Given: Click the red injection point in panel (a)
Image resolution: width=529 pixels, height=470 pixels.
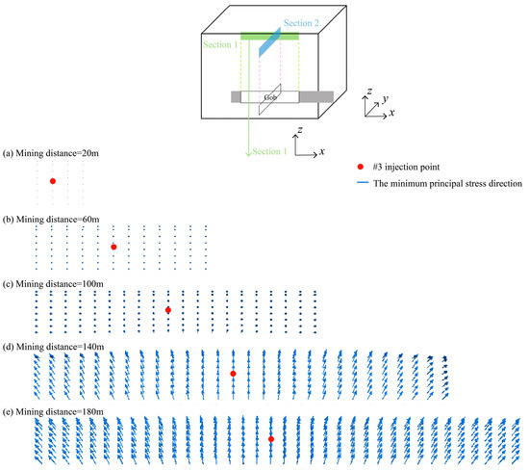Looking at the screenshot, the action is coord(53,181).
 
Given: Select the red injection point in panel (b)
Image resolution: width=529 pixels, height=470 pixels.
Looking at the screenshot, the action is coord(113,247).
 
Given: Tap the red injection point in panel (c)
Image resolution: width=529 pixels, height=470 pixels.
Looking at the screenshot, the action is coord(168,310).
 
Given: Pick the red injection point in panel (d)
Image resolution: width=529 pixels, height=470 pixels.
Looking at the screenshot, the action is coord(233,374).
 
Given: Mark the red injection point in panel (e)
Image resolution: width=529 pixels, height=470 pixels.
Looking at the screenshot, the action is coord(271,439).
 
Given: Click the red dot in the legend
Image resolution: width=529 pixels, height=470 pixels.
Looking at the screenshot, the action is coord(361,167).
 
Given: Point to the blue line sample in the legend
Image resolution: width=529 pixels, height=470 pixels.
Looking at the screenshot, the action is coord(363,183).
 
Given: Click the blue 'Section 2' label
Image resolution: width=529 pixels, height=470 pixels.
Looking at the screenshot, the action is coord(301,23).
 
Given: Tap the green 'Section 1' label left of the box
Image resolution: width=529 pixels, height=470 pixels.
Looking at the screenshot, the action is coord(220,44).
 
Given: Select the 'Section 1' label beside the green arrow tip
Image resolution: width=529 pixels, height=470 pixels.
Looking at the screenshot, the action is coord(269,151).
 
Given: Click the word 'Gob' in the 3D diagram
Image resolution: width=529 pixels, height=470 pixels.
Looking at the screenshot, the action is coord(270,97).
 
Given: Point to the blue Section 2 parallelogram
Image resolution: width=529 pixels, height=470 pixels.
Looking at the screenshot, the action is coord(269,42).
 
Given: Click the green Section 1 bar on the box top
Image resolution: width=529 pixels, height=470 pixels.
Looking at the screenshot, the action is coord(269,37).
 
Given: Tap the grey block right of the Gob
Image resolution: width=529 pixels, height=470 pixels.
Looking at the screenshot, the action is coord(316,96).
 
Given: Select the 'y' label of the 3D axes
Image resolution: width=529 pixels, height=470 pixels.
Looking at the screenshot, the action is coord(386,98).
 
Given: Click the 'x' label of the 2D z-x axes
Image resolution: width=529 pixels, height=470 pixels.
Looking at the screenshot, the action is coord(322,152).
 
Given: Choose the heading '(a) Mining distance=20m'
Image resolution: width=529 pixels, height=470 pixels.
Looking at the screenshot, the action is coord(51,153).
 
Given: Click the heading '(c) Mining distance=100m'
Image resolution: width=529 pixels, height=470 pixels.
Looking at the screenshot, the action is coord(53,284).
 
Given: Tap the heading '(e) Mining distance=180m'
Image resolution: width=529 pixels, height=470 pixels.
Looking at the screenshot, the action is coord(53,412).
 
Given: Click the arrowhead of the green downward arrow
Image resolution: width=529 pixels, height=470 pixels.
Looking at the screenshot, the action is coord(248,153).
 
